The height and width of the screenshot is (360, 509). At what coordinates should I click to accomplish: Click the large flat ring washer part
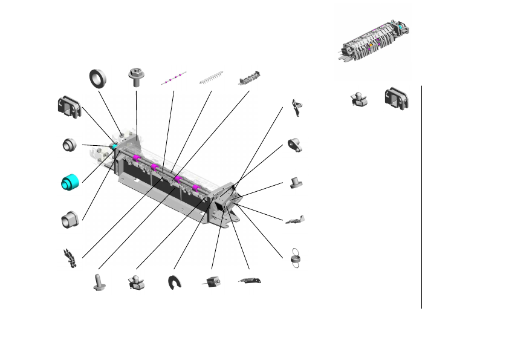pyautogui.click(x=98, y=78)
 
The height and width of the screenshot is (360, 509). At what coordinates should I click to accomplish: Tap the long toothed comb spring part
pyautogui.click(x=212, y=79)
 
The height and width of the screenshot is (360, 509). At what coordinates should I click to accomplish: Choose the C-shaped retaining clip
pyautogui.click(x=175, y=282)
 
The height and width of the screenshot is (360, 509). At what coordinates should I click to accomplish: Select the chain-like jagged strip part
pyautogui.click(x=70, y=259)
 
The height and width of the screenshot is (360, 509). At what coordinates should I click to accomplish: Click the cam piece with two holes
pyautogui.click(x=294, y=145)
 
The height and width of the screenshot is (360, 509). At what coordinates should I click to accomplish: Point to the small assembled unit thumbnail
pyautogui.click(x=372, y=42)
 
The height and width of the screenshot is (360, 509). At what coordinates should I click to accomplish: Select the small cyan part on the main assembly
pyautogui.click(x=114, y=146)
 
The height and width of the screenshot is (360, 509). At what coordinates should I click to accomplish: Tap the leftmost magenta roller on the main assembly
pyautogui.click(x=137, y=159)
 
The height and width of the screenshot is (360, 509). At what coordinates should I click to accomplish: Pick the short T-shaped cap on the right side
pyautogui.click(x=296, y=182)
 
